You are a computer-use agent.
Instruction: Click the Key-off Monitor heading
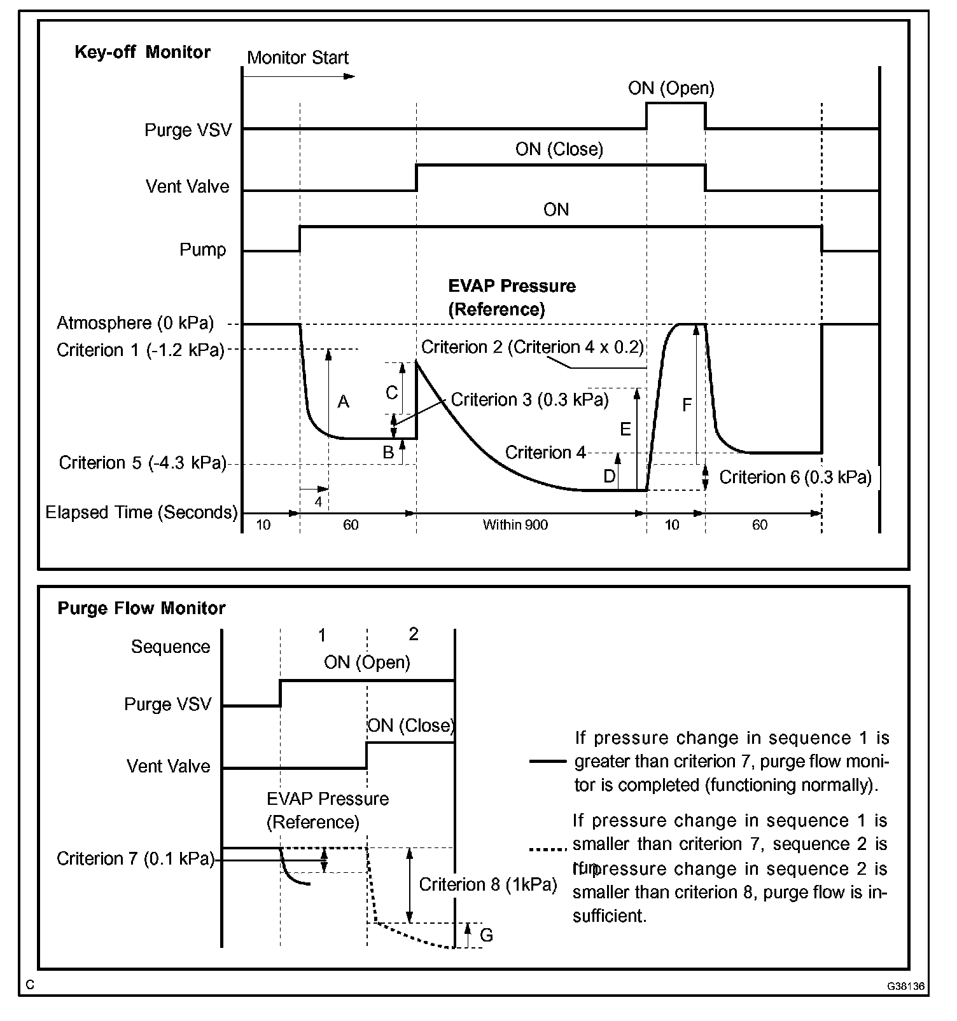click(143, 52)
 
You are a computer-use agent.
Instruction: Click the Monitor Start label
click(298, 58)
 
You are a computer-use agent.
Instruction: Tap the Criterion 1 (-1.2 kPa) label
click(141, 350)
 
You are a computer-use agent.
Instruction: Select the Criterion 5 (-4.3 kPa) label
click(143, 463)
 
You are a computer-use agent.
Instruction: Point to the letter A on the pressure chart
click(344, 402)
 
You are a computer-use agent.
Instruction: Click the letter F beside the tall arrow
click(687, 405)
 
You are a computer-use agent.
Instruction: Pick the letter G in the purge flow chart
click(486, 935)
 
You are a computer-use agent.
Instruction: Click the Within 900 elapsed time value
click(515, 525)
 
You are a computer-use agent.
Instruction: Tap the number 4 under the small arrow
click(318, 502)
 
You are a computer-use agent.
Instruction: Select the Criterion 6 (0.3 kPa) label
click(795, 477)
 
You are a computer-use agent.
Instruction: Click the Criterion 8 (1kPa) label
click(488, 884)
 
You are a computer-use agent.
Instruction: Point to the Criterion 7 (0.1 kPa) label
click(135, 859)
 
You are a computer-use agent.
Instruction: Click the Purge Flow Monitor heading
click(141, 608)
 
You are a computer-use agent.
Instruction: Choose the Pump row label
click(202, 250)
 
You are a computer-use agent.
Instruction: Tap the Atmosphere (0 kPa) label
click(135, 324)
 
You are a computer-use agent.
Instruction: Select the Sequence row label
click(171, 647)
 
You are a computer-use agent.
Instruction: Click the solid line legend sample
click(547, 761)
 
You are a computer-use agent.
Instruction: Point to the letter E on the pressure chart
click(625, 430)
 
